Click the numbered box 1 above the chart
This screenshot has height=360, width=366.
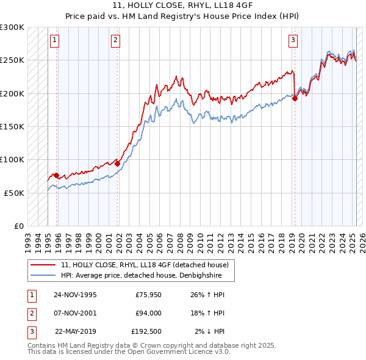(x=54, y=41)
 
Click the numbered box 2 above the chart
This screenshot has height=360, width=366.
(x=115, y=41)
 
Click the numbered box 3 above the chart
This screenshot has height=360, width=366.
(x=293, y=41)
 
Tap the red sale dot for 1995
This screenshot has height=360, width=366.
(x=57, y=176)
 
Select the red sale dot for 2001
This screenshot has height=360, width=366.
(x=118, y=163)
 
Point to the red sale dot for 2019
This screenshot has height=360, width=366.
(x=295, y=98)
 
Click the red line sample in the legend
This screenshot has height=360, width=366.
(x=43, y=265)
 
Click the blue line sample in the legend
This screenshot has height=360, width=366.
(x=43, y=275)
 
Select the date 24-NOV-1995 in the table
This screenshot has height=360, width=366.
(x=75, y=295)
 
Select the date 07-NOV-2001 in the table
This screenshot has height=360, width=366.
(x=75, y=313)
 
